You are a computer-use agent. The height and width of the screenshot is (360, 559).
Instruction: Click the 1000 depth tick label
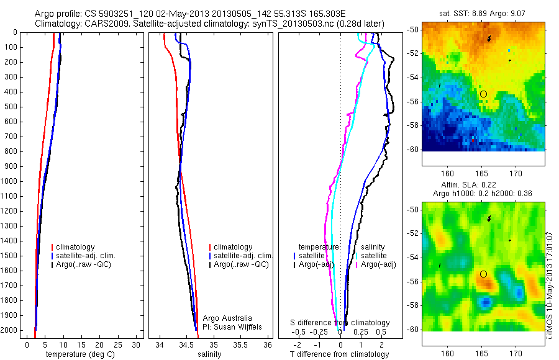point(11,181)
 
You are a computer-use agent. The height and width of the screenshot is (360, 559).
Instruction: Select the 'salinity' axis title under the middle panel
point(209,354)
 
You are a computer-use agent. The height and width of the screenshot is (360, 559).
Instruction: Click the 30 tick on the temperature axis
point(137,344)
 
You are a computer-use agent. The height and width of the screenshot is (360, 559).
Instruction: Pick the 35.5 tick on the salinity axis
point(240,344)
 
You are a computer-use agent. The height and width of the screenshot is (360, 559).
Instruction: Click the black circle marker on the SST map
point(483,94)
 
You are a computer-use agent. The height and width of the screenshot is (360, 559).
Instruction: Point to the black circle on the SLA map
point(483,274)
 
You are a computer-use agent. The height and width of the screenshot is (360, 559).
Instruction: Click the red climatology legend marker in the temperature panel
point(53,247)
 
